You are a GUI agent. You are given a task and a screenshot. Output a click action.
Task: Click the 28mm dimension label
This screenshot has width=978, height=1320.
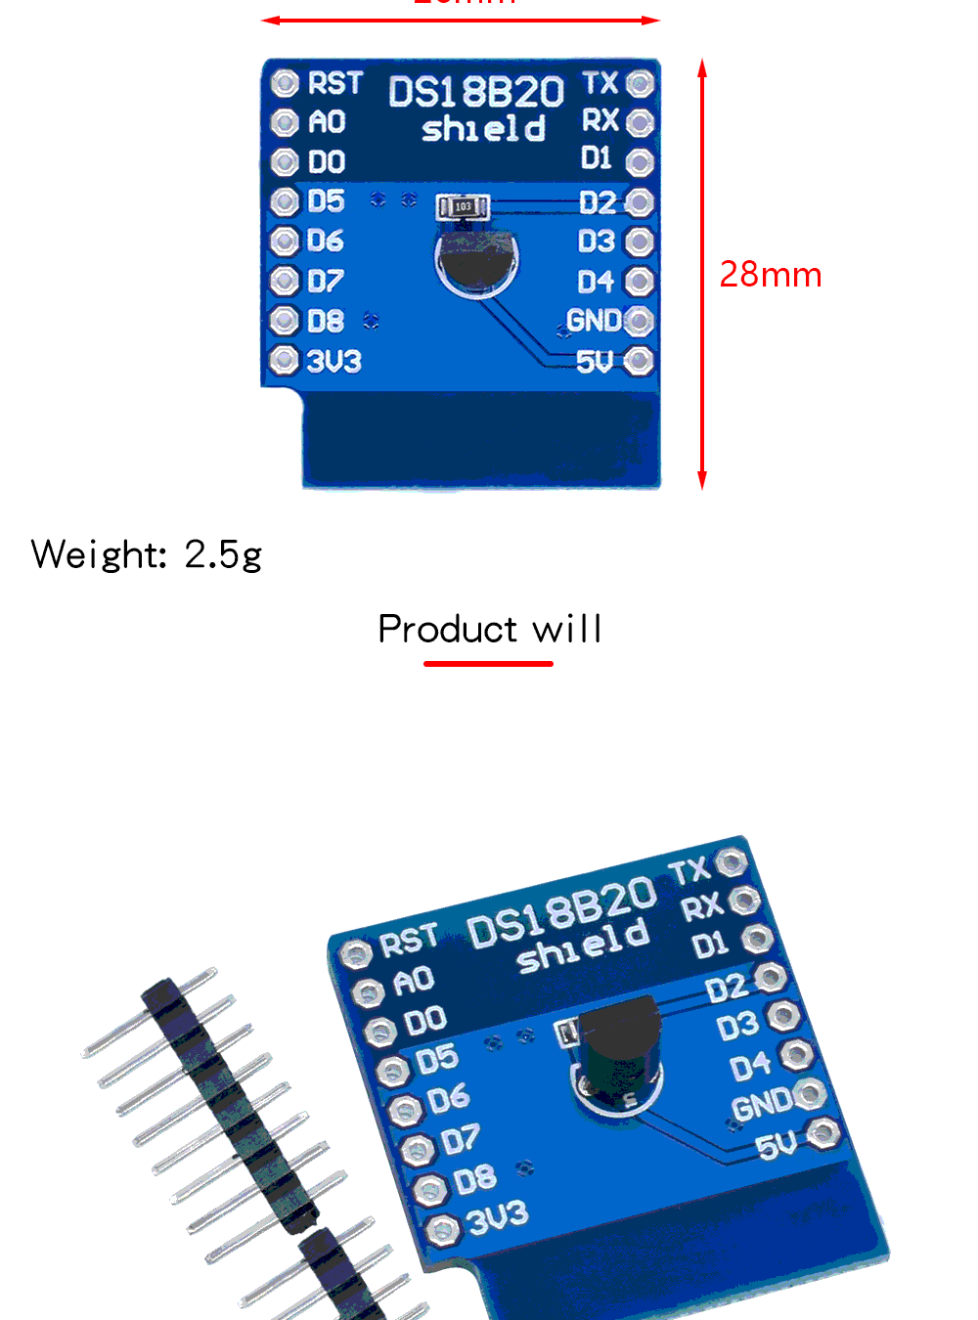pos(770,275)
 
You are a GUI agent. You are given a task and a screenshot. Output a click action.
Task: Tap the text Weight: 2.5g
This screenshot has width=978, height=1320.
pos(147,554)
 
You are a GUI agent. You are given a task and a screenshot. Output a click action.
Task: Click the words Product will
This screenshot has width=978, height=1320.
pos(489,629)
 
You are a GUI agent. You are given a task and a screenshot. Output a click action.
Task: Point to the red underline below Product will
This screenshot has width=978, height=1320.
pos(488,664)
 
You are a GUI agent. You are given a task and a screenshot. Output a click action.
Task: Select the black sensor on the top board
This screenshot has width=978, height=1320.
pos(476,261)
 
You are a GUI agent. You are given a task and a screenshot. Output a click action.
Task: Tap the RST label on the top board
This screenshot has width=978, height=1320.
pos(334,84)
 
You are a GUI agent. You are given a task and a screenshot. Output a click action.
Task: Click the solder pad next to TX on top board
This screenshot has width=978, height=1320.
pos(640,83)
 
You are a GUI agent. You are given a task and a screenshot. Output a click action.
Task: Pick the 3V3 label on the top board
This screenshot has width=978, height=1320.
pos(333,362)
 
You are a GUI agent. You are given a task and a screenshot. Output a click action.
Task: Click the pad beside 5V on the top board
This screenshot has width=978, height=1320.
pos(639,362)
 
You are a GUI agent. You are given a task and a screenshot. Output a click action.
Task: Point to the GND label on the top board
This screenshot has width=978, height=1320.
pos(593,321)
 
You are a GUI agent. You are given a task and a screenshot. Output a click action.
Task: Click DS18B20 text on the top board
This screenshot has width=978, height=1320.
pos(476,93)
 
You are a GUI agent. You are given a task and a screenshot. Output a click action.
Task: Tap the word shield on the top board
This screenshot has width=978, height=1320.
pos(483,129)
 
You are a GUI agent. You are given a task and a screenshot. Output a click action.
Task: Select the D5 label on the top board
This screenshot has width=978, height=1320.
pos(326,201)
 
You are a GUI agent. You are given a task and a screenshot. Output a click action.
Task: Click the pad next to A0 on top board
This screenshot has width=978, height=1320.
pos(285,122)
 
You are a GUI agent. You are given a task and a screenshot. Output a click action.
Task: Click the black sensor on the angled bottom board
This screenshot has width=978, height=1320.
pos(618,1046)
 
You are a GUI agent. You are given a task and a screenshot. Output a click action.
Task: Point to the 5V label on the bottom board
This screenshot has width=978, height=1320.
pos(777,1144)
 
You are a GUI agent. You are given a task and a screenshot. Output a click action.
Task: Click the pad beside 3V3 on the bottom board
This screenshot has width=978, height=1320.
pos(443,1230)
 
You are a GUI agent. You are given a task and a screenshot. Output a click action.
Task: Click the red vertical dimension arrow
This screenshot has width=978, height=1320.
pos(701,274)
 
